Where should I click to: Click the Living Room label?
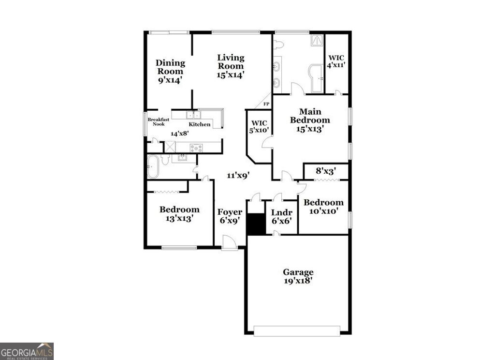click(x=231, y=66)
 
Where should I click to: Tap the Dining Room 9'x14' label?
click(x=170, y=71)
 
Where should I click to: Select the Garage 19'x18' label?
click(x=298, y=276)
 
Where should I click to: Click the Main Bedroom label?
click(x=310, y=120)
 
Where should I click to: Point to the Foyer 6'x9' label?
click(x=230, y=216)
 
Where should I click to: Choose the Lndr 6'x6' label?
click(x=281, y=216)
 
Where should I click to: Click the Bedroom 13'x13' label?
click(x=179, y=214)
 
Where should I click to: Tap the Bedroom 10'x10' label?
click(x=323, y=207)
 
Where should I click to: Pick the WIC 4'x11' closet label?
click(x=336, y=61)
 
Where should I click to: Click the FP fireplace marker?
click(x=266, y=104)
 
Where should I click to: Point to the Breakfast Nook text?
click(x=159, y=121)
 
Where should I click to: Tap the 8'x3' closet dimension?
click(x=326, y=171)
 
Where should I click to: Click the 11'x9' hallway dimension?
click(x=238, y=176)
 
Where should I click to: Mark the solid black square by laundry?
click(x=256, y=225)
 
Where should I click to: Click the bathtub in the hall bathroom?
click(x=154, y=167)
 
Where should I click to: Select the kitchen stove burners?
click(x=196, y=148)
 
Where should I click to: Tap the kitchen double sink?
click(x=193, y=115)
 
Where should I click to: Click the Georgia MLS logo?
click(x=27, y=351)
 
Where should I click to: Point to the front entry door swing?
click(x=229, y=242)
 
